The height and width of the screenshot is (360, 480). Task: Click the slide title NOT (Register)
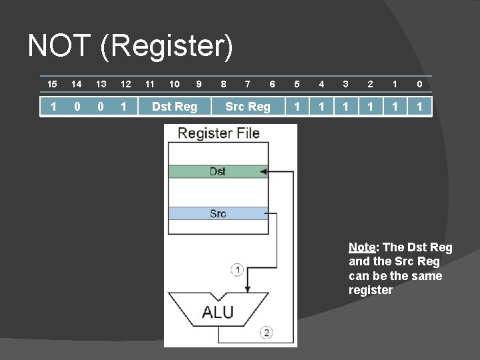coord(131,47)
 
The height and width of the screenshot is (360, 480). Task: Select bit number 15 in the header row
coord(52,84)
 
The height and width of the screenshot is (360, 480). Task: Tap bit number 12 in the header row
coord(125,84)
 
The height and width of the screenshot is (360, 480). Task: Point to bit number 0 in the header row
coord(419,84)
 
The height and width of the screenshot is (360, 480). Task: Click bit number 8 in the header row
coord(223,84)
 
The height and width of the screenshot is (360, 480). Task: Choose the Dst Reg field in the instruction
coord(175,106)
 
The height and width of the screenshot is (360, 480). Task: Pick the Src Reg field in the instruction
coord(248,106)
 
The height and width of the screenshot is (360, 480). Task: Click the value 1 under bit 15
coord(52,106)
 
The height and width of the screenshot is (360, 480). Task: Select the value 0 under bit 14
coord(77,106)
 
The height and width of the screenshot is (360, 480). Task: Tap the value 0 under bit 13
coord(101,106)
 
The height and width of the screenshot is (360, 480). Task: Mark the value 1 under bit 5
coord(297,106)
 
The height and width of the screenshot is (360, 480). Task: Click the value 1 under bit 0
coord(419,106)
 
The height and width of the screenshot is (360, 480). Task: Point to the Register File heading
coord(218,133)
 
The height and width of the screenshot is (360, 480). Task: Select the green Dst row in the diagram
coord(217,171)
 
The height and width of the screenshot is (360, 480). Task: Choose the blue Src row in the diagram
coord(217,213)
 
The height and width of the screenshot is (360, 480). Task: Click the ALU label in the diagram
coord(218,311)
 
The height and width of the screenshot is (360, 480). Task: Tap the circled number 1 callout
coord(237,269)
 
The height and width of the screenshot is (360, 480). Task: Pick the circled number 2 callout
coord(267,332)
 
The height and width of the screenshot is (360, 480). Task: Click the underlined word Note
coord(363,247)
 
